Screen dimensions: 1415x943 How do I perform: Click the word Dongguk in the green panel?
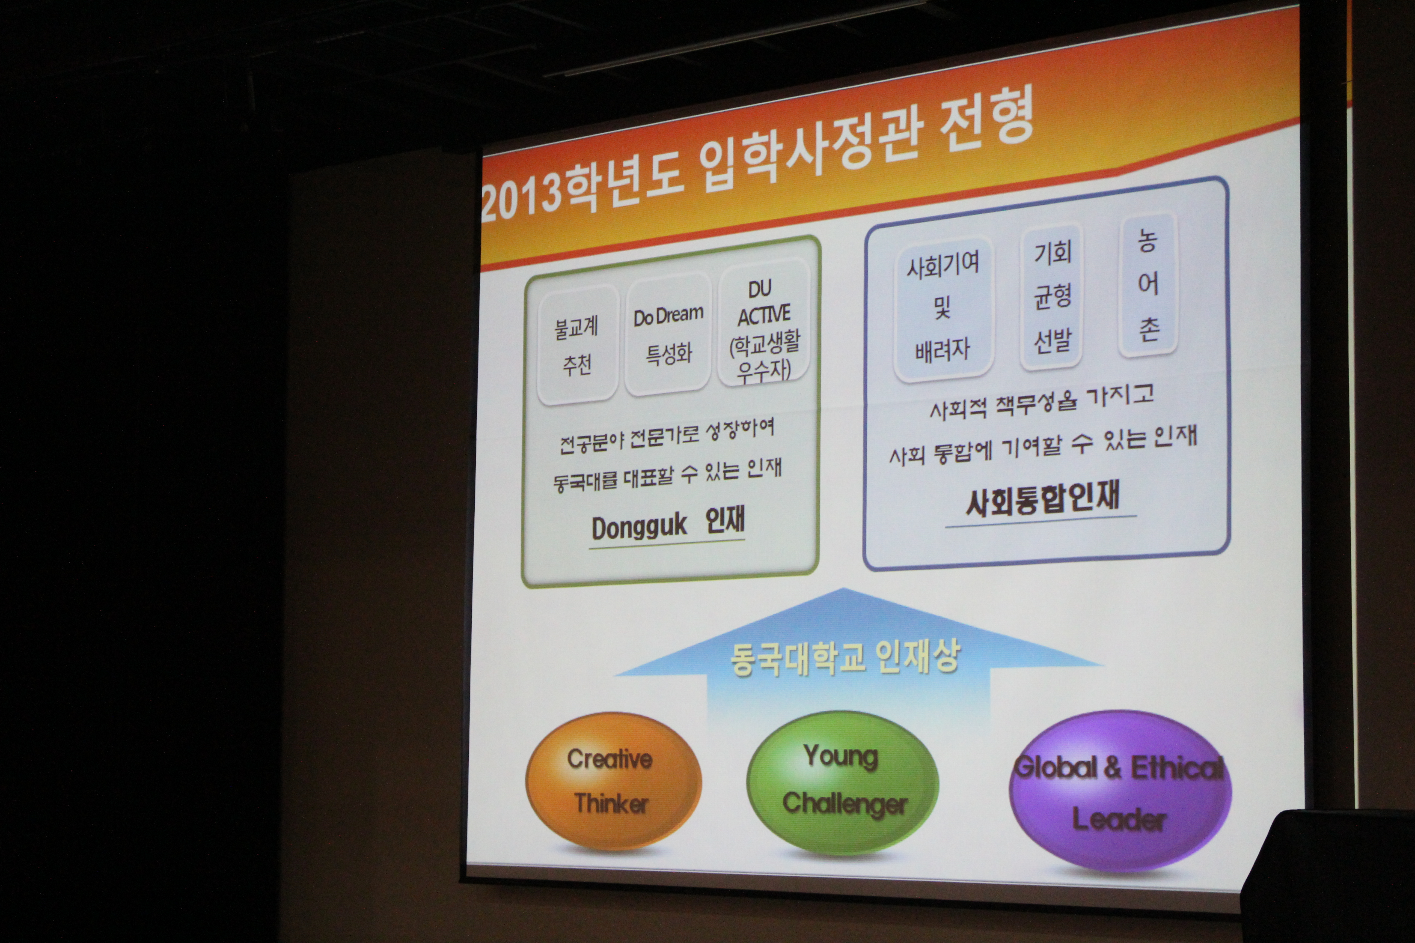(639, 527)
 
